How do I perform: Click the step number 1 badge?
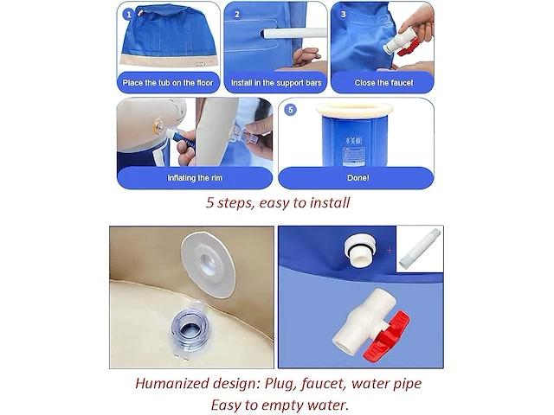point(128,15)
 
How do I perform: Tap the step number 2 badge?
point(236,15)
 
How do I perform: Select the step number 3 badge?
point(343,15)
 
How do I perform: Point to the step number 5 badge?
point(291,110)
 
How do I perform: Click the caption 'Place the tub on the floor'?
point(168,83)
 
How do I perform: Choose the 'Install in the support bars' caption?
point(276,83)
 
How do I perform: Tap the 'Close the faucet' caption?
point(383,83)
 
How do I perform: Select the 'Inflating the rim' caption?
point(195,178)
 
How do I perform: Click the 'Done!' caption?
point(358,178)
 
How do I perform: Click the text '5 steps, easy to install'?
point(278,203)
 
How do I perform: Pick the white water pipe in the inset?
point(420,249)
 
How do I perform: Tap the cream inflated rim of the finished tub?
point(354,111)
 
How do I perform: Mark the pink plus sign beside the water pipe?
point(390,250)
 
